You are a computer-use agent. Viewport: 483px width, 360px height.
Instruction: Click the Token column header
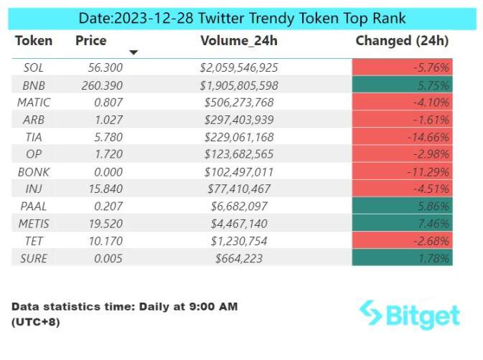tap(34, 41)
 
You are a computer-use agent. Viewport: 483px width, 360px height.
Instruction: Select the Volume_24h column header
tap(239, 41)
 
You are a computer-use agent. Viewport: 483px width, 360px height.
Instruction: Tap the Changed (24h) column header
tap(402, 41)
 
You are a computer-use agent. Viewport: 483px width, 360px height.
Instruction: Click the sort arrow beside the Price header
tap(133, 52)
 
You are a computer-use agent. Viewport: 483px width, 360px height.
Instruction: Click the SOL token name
tap(34, 67)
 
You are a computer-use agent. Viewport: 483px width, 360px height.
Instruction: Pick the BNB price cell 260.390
tap(102, 85)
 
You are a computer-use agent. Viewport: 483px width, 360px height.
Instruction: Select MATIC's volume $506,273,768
tap(239, 103)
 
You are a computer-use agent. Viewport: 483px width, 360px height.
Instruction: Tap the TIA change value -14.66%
tap(428, 137)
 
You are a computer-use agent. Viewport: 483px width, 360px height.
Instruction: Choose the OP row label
tap(34, 154)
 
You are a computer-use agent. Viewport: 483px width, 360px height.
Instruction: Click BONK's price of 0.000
tap(108, 172)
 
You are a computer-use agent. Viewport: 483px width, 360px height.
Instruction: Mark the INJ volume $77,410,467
tap(239, 189)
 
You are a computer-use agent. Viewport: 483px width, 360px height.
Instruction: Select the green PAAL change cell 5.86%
tap(403, 206)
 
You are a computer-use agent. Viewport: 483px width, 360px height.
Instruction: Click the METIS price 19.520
tap(105, 224)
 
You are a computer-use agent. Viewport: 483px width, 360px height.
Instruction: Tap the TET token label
tap(34, 241)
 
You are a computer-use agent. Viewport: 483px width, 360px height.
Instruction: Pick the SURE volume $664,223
tap(239, 258)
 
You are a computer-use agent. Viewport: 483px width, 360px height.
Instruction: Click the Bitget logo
tap(409, 314)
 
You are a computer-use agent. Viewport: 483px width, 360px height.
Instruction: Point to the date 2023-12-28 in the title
tap(154, 19)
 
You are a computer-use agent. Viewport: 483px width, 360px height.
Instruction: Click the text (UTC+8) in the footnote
tap(36, 323)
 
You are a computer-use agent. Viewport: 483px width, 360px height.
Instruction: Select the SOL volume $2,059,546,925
tap(239, 67)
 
